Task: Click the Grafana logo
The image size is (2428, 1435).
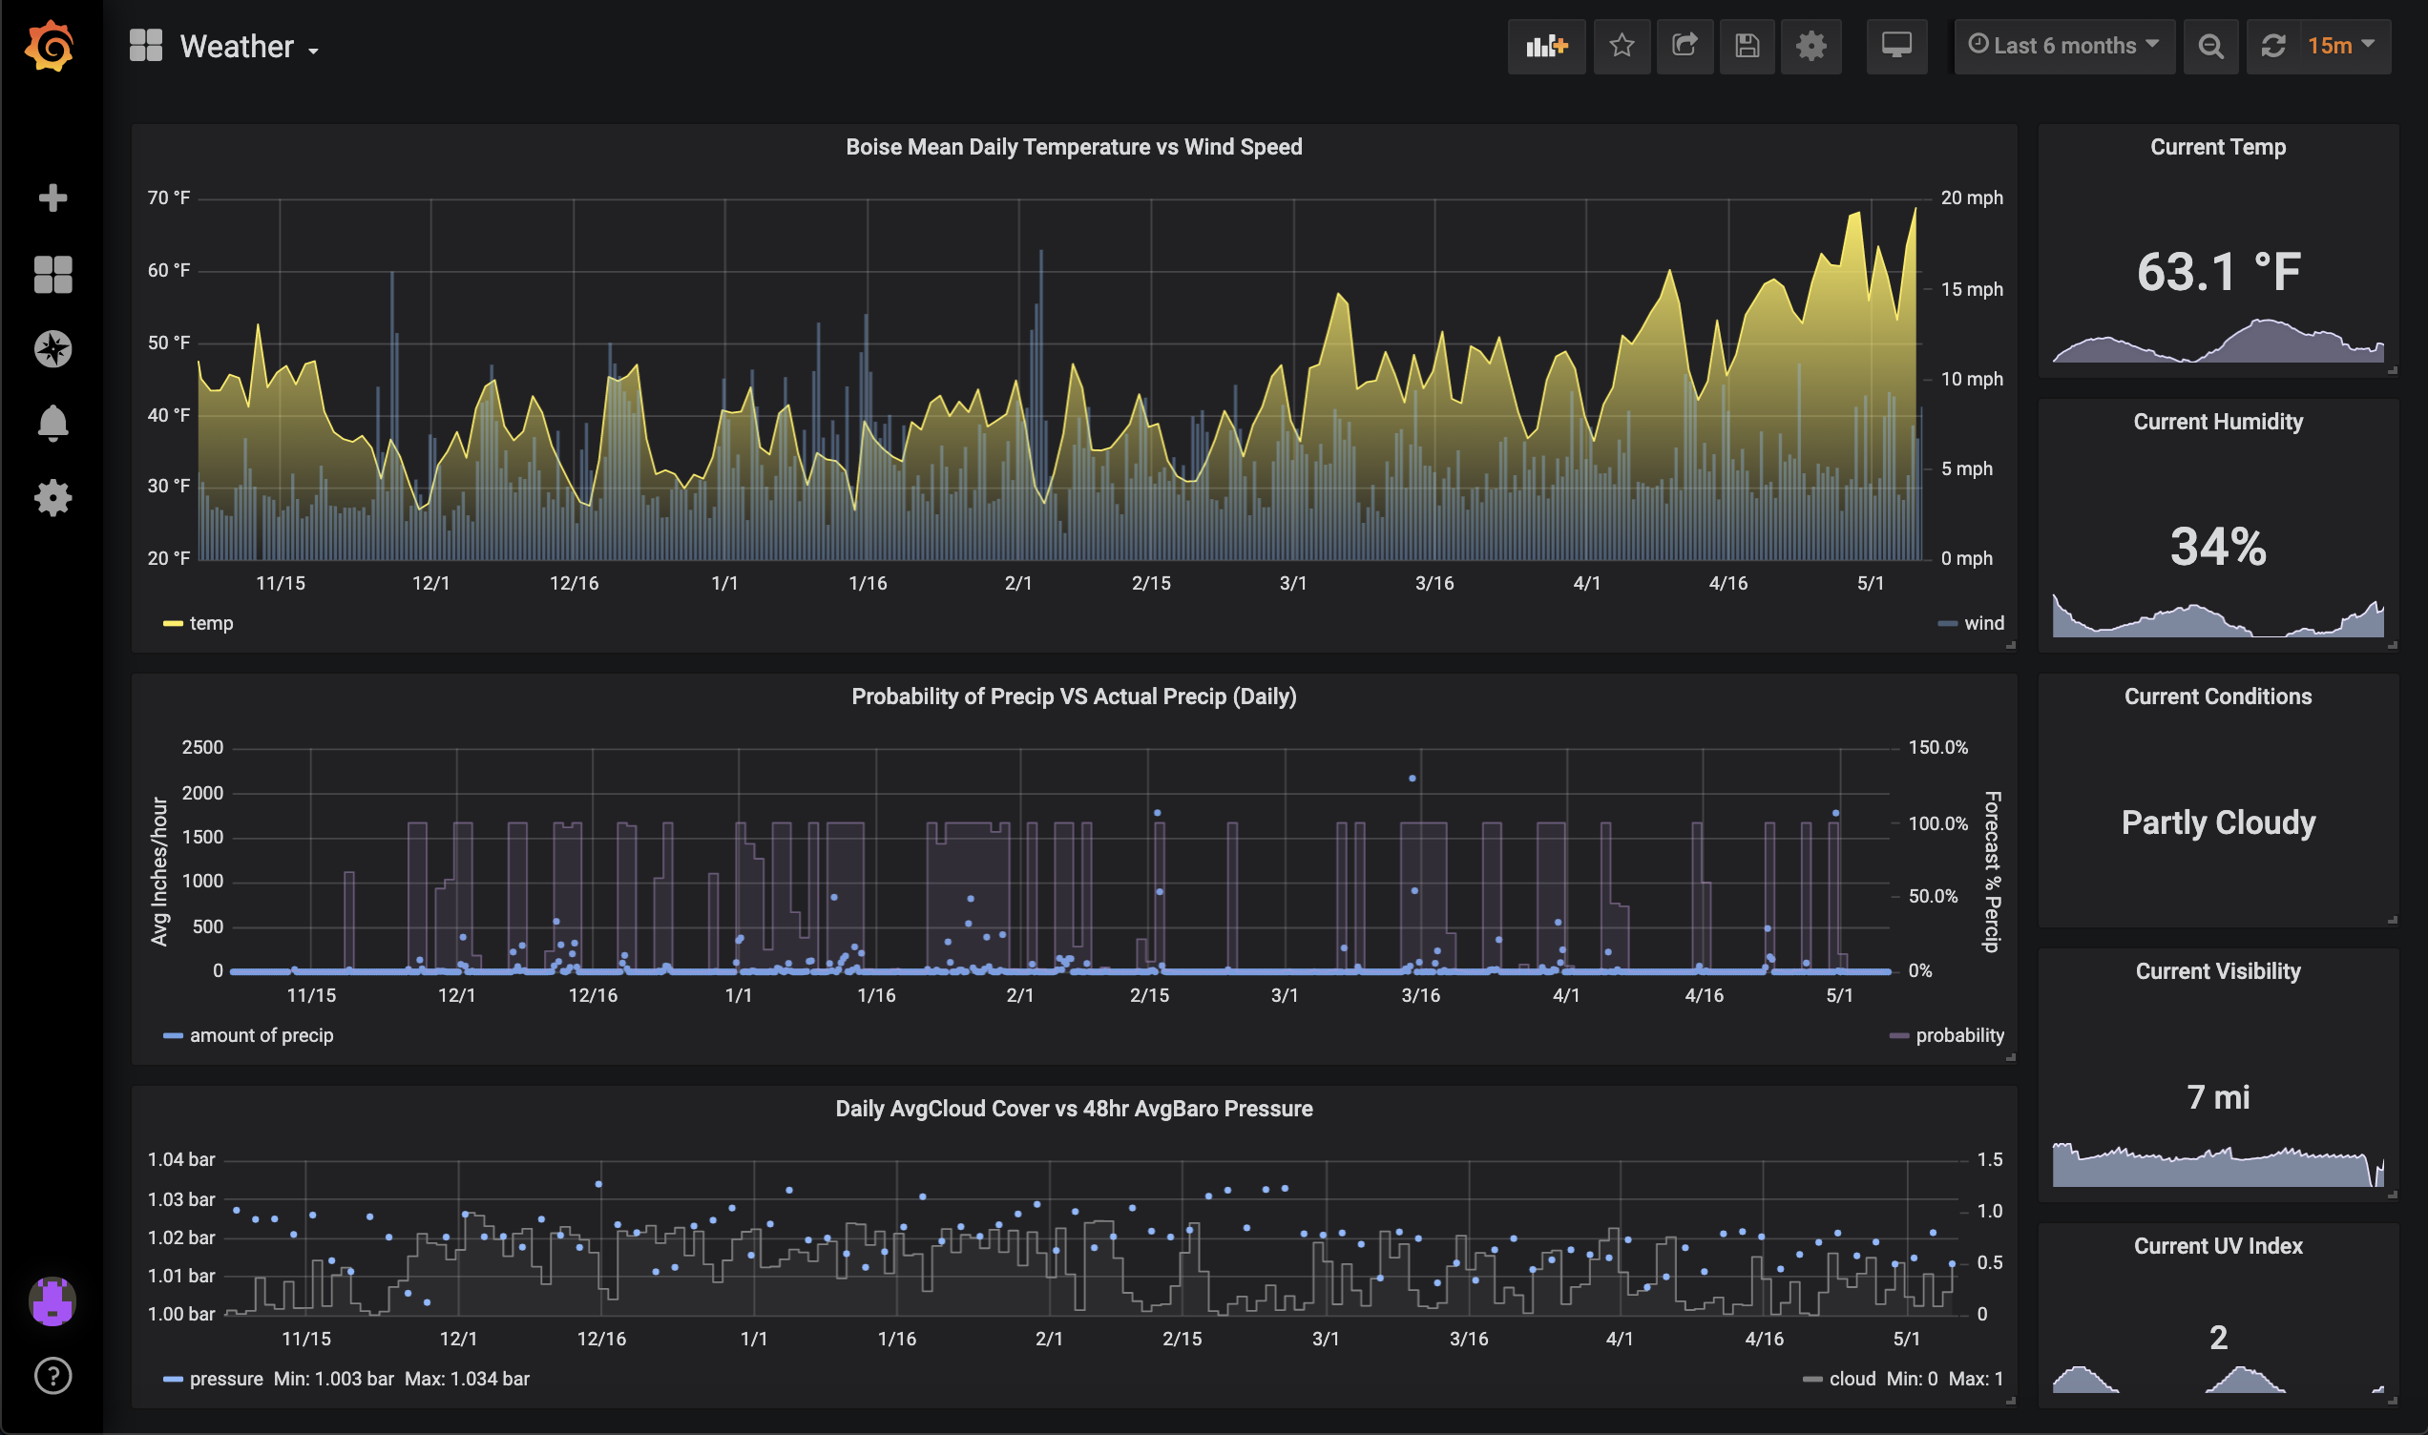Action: click(x=50, y=46)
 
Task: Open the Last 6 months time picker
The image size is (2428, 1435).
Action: click(x=2063, y=46)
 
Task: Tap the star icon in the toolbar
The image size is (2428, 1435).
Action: click(x=1622, y=46)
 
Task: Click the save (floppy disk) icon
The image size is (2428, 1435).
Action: click(x=1747, y=46)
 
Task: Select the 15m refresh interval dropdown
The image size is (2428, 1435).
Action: click(x=2339, y=46)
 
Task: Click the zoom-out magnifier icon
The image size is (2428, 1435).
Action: click(x=2209, y=46)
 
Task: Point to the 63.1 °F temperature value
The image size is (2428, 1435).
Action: click(x=2217, y=272)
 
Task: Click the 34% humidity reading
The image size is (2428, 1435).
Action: click(x=2217, y=547)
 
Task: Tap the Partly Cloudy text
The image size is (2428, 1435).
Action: click(x=2217, y=821)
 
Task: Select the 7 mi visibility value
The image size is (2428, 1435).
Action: click(x=2217, y=1096)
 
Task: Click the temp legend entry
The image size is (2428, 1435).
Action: click(x=210, y=624)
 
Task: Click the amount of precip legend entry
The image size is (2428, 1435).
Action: click(x=261, y=1035)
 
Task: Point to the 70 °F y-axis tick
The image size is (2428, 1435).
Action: click(x=168, y=198)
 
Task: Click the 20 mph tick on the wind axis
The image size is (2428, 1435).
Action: click(x=1971, y=198)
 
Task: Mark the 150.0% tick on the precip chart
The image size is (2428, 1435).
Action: click(x=1936, y=747)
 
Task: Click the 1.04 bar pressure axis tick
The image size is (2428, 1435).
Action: click(x=180, y=1159)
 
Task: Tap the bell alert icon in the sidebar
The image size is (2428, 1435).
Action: click(x=52, y=423)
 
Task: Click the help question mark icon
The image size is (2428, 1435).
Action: click(x=52, y=1375)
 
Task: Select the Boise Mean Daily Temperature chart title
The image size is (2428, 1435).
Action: click(x=1074, y=147)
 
